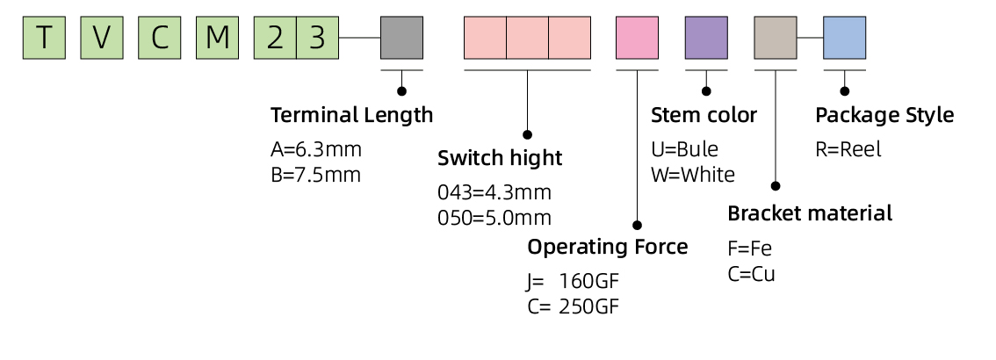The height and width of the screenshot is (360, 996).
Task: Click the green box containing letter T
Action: [44, 38]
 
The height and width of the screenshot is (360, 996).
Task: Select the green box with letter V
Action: [102, 38]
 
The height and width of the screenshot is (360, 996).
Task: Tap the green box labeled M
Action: [217, 38]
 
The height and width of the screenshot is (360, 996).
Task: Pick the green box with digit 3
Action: [317, 38]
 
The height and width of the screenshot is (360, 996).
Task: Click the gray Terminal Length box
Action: [401, 38]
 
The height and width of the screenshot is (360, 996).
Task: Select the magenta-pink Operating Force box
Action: [637, 38]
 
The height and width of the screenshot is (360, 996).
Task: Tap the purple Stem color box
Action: [706, 38]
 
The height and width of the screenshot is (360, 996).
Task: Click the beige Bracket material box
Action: [776, 38]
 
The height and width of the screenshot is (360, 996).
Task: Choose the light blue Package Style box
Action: [844, 38]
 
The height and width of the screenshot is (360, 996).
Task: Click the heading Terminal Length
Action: [351, 115]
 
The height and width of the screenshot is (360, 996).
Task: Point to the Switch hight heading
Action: [500, 159]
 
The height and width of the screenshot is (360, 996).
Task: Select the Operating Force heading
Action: [607, 247]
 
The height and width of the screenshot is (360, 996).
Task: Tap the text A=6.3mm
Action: [316, 149]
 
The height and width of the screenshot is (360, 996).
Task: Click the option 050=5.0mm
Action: [494, 218]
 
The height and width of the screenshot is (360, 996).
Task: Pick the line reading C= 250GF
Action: [574, 306]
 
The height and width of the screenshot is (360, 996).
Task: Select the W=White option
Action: [692, 174]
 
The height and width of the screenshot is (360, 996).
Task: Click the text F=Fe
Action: [749, 247]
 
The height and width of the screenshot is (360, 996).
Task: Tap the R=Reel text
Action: [848, 149]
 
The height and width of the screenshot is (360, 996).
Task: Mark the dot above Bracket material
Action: [776, 186]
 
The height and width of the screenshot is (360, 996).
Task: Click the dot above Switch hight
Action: [527, 134]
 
